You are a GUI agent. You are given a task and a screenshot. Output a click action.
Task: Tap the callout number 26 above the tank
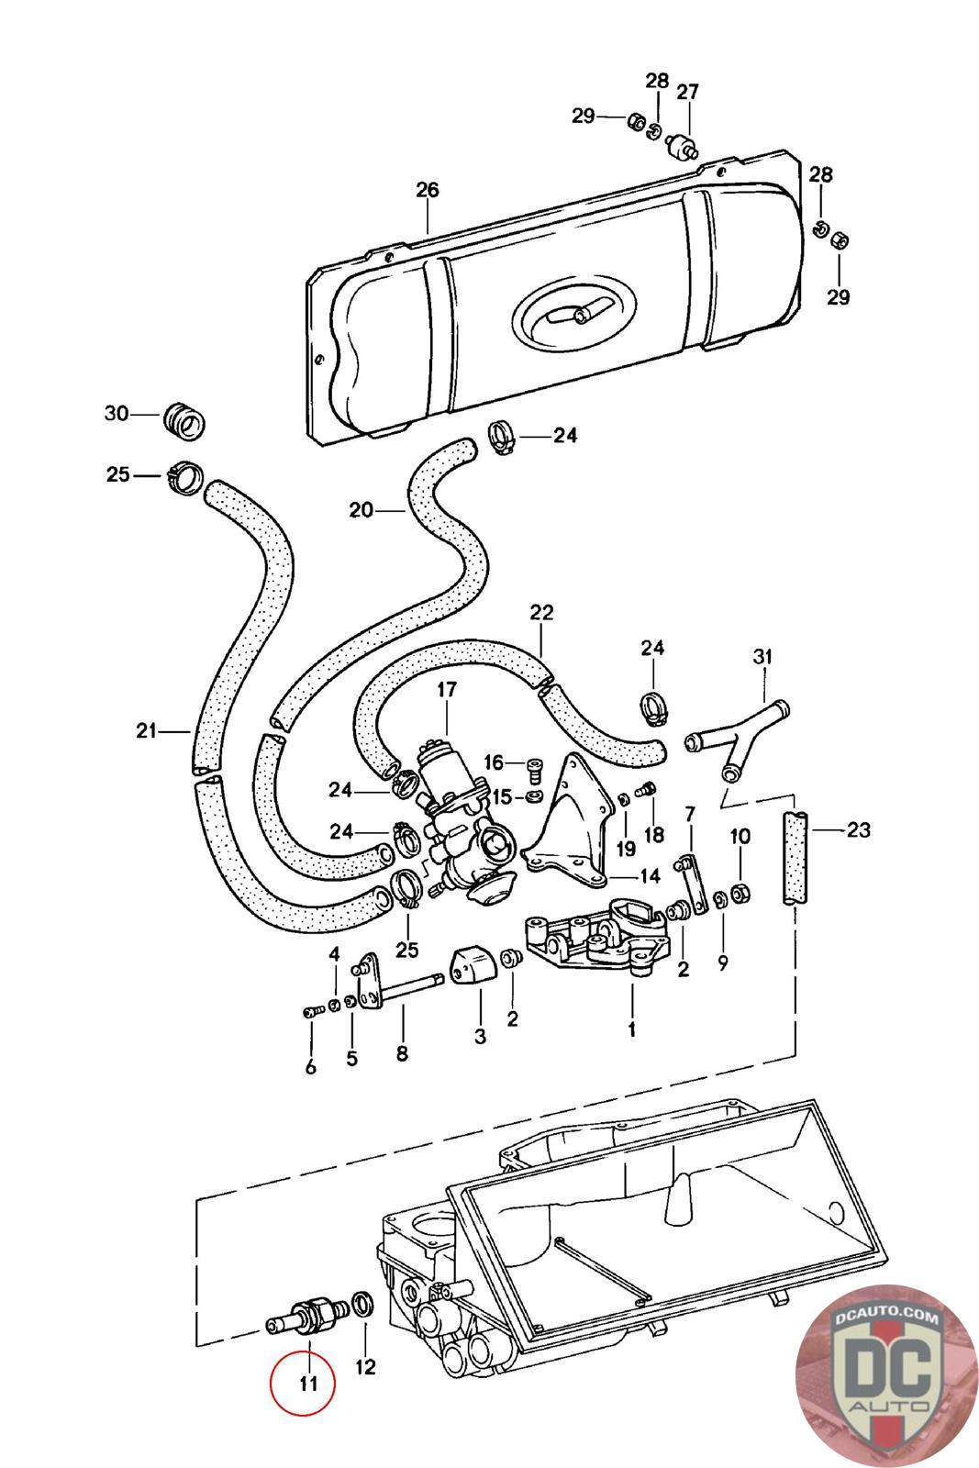point(428,190)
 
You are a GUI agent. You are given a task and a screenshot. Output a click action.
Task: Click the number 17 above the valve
point(447,690)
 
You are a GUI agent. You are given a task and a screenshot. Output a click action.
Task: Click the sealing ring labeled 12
point(363,1304)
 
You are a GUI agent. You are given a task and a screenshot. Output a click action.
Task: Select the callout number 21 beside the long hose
point(147,731)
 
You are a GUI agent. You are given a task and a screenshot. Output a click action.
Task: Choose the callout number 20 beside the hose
point(362,509)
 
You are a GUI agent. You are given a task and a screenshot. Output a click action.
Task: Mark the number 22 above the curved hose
point(541,613)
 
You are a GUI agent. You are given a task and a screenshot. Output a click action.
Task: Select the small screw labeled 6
point(309,1011)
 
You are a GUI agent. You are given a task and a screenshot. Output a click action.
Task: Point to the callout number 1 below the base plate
point(631,1029)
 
